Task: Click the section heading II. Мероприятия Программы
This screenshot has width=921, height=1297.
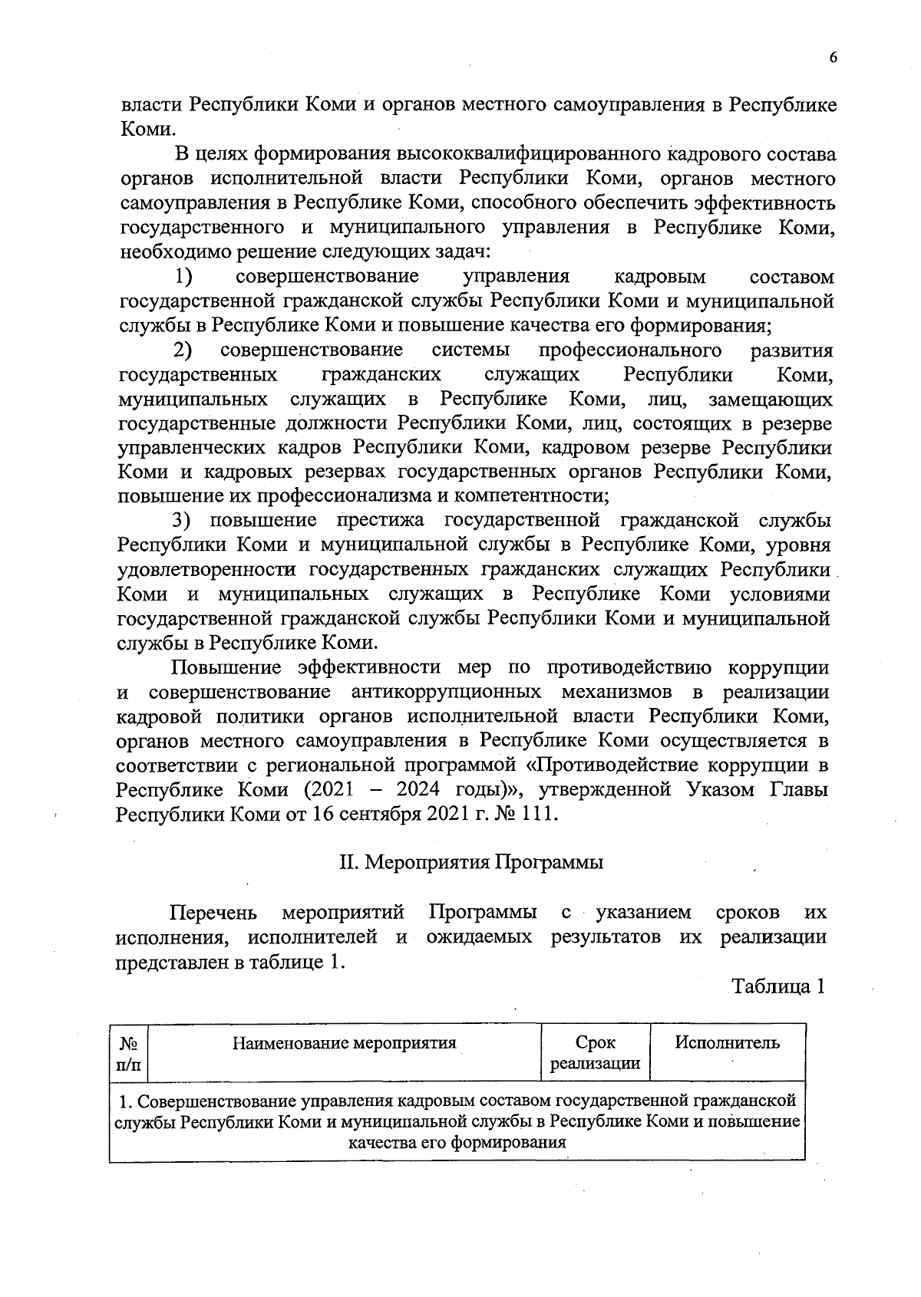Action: [x=471, y=862]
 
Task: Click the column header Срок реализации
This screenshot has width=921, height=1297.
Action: [x=595, y=1053]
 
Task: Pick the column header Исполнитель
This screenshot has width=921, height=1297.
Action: [x=727, y=1043]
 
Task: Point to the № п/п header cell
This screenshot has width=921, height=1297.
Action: [x=128, y=1053]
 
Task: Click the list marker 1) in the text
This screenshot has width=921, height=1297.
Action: [x=183, y=276]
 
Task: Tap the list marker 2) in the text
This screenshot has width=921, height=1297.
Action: [x=182, y=351]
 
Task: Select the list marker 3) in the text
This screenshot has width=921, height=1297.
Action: [x=180, y=521]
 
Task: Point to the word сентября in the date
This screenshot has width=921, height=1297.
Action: [x=380, y=814]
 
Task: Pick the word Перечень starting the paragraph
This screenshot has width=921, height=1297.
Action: [x=213, y=913]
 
